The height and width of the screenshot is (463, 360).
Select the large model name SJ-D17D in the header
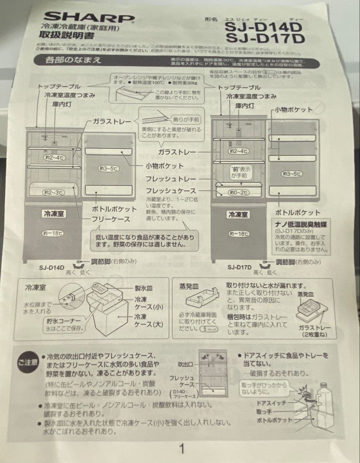click(x=264, y=39)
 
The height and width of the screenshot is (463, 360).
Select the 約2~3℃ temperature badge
click(x=54, y=193)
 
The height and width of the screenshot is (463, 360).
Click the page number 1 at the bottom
click(x=182, y=449)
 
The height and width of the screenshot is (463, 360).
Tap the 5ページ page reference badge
click(x=207, y=329)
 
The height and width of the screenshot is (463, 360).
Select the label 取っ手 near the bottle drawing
click(x=264, y=412)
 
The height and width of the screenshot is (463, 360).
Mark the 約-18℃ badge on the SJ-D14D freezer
click(x=53, y=233)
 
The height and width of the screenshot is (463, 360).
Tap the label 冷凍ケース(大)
click(x=149, y=320)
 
